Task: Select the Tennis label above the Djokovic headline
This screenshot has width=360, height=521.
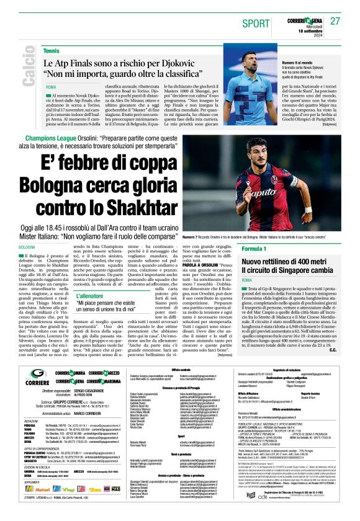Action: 52,50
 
